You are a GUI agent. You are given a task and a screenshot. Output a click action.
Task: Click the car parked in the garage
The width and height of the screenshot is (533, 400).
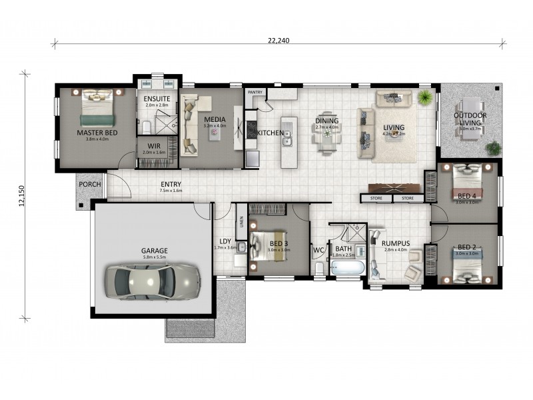[x=154, y=280]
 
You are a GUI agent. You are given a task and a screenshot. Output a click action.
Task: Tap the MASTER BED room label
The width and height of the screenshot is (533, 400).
[x=97, y=133]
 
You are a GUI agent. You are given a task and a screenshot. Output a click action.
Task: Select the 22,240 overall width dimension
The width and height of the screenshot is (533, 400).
[x=278, y=40]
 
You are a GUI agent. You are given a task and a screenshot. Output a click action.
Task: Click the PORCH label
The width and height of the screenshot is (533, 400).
[x=89, y=185]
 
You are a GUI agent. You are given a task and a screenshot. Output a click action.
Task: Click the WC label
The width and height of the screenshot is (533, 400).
[x=318, y=251]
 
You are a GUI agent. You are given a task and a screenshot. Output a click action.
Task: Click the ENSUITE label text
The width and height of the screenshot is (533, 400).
[x=157, y=99]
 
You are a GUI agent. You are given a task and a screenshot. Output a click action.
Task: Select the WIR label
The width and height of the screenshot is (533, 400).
[x=154, y=145]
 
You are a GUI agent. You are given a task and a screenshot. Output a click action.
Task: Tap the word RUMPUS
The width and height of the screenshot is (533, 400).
[x=396, y=243]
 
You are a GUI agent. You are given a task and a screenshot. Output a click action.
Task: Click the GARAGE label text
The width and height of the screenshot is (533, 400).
[x=155, y=251]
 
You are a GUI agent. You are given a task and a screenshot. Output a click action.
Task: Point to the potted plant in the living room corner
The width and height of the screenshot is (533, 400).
[x=424, y=98]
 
